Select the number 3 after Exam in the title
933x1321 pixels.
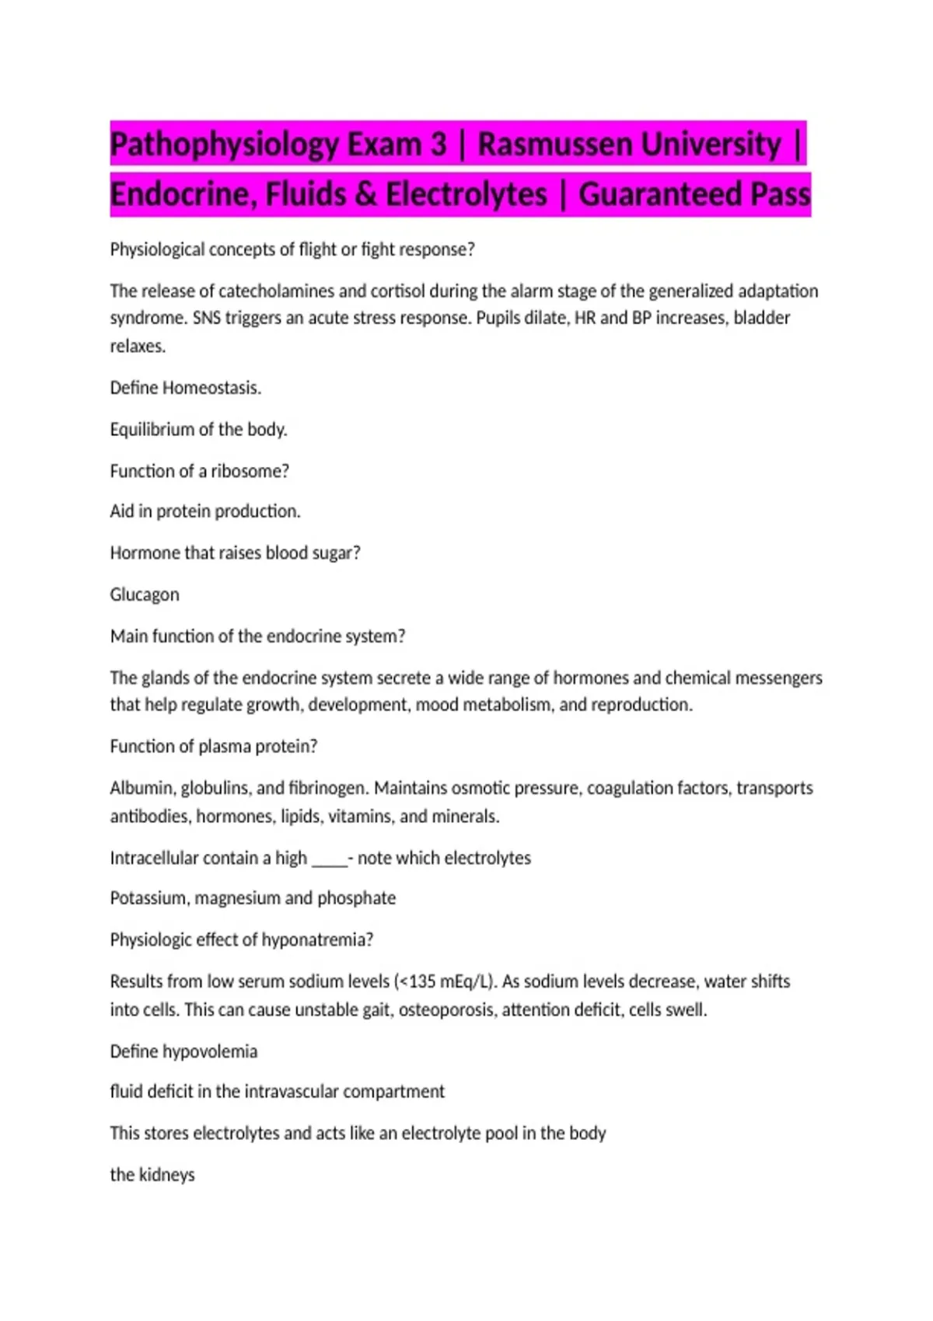(x=439, y=145)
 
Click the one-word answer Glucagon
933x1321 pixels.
(x=145, y=594)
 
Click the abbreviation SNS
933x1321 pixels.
(x=206, y=318)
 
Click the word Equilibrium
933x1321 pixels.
(x=152, y=429)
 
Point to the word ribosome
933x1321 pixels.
(x=250, y=471)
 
